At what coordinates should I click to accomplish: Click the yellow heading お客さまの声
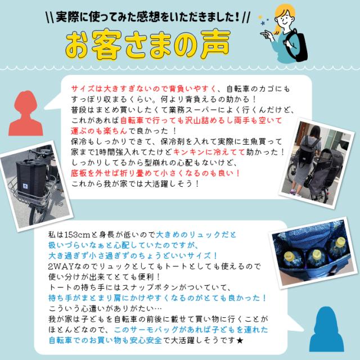[147, 44]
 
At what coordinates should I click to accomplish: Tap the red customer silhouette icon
[26, 113]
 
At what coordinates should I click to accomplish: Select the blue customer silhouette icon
[327, 329]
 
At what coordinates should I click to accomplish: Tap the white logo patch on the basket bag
[25, 186]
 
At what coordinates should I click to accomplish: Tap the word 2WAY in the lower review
[61, 267]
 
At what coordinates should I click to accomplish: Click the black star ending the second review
[240, 340]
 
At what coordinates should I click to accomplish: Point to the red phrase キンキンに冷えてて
[209, 152]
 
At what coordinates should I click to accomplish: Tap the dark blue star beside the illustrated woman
[263, 23]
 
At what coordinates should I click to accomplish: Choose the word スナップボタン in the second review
[150, 287]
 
